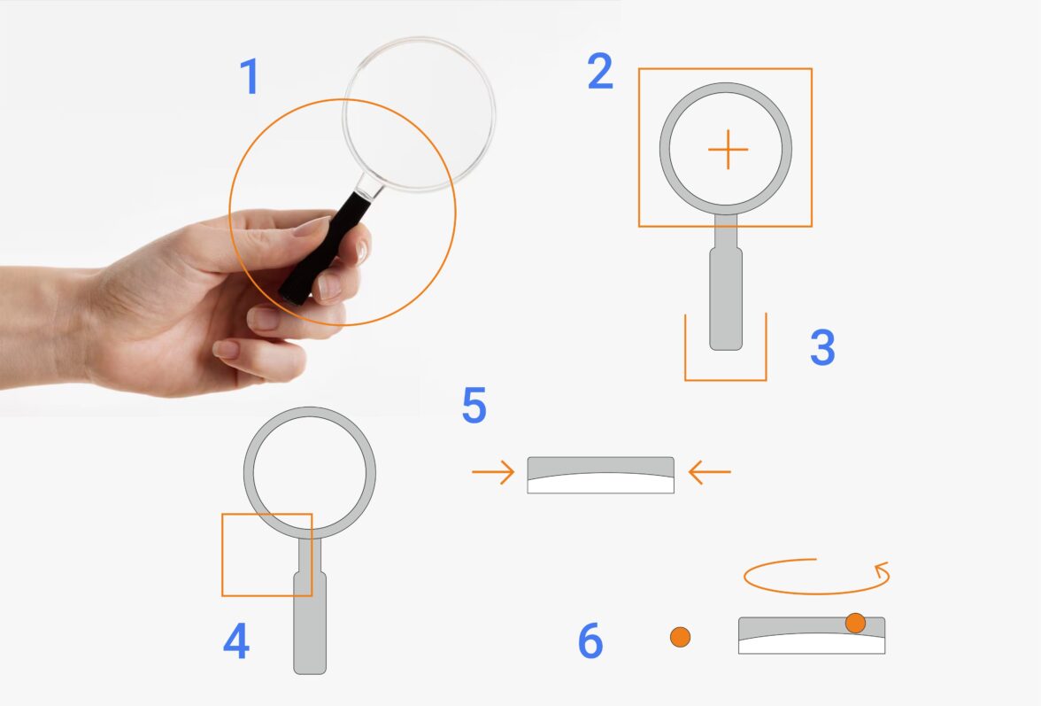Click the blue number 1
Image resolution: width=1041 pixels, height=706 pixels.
point(249,76)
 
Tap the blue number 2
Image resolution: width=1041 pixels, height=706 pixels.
point(600,72)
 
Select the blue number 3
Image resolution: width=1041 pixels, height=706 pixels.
point(822,346)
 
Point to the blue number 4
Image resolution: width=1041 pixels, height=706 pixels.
point(236,640)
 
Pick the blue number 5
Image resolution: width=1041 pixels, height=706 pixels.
point(474,405)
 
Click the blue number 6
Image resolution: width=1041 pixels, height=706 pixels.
point(590,641)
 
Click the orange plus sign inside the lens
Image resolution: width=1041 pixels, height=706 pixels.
point(729,150)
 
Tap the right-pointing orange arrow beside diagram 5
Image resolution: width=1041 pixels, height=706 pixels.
point(493,472)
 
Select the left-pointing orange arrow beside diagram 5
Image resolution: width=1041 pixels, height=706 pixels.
point(710,472)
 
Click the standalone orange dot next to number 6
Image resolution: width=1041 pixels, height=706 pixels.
point(680,637)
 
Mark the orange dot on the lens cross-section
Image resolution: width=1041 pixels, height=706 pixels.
point(855,623)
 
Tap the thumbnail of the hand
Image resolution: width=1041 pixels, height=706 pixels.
point(311,226)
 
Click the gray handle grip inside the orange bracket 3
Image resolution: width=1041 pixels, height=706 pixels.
point(726,298)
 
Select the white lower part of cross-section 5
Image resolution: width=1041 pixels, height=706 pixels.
point(601,484)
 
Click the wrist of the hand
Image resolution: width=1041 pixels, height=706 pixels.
point(40,325)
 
